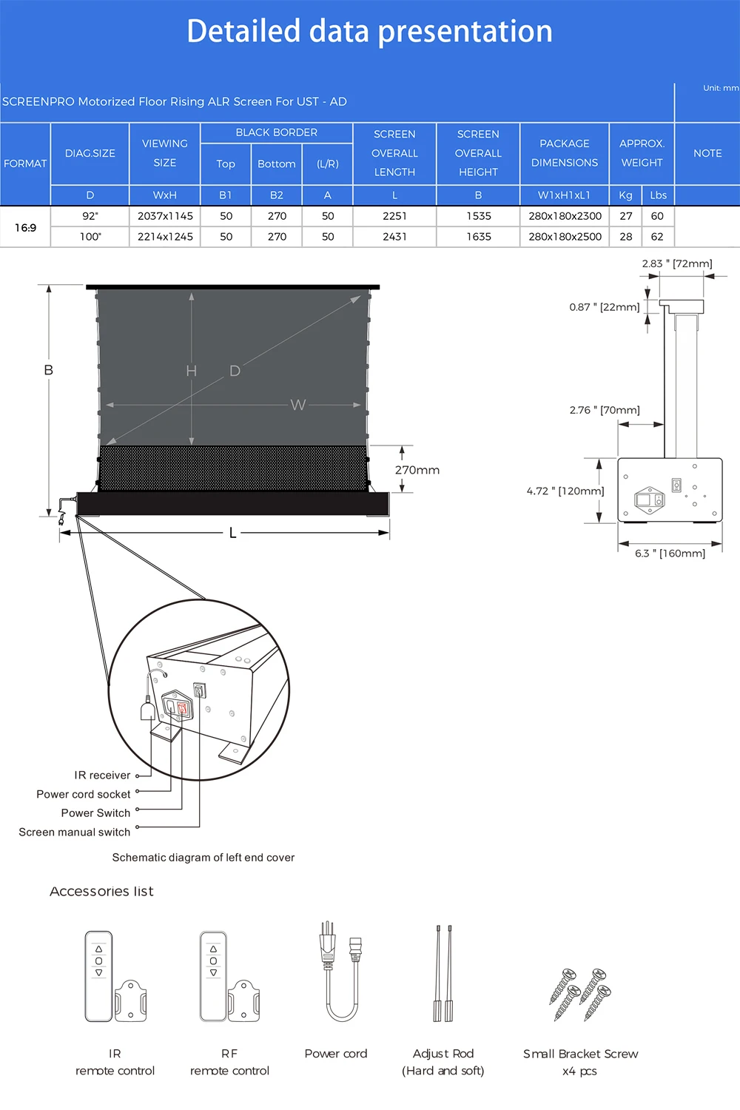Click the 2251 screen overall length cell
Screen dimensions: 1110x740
click(394, 216)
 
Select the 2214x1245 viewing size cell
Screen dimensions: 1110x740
click(165, 237)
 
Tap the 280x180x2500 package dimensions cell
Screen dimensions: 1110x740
click(565, 237)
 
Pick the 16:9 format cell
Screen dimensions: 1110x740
click(25, 227)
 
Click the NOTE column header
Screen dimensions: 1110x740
click(707, 153)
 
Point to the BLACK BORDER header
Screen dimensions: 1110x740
click(276, 132)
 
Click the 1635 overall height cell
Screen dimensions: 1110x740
click(478, 237)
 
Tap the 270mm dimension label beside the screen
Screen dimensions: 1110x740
click(417, 470)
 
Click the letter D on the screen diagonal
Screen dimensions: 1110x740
click(235, 371)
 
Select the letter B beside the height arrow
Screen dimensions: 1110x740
click(49, 370)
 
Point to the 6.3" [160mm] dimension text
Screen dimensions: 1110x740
click(670, 554)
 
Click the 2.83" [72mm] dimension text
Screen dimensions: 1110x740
click(676, 263)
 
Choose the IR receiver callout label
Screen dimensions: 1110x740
click(102, 776)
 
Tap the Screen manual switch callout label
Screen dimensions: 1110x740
click(75, 832)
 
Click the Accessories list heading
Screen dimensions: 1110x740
click(101, 892)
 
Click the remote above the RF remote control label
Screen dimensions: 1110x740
click(214, 975)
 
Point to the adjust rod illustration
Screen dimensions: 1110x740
click(443, 973)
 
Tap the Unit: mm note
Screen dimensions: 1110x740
click(720, 88)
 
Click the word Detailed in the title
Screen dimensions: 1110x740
click(243, 32)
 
